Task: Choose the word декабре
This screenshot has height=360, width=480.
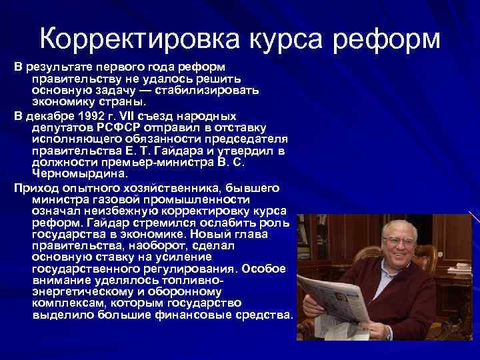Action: [x=51, y=115]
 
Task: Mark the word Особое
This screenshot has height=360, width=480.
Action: [x=265, y=268]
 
